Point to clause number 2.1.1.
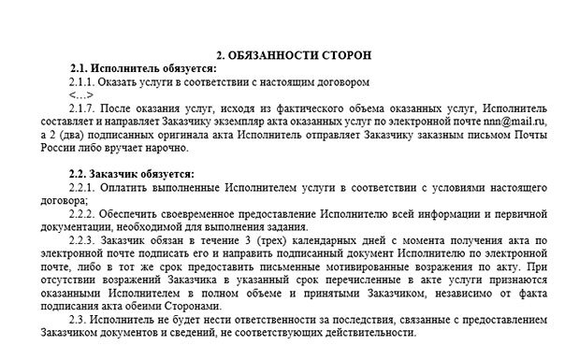(x=81, y=82)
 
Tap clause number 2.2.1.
(x=81, y=187)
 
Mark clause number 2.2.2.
(x=81, y=213)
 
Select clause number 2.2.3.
(x=81, y=239)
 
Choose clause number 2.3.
(x=77, y=319)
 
